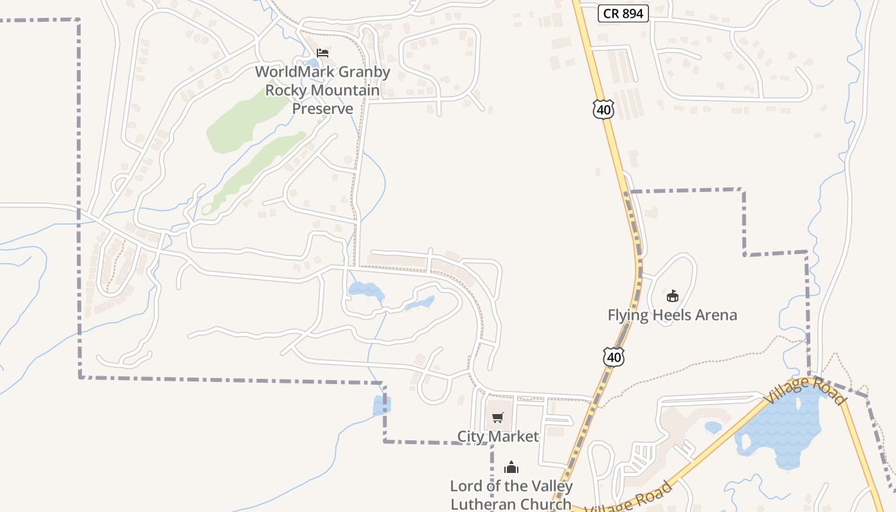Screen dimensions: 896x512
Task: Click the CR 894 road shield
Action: pyautogui.click(x=623, y=13)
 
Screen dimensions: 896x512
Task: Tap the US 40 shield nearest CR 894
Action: pyautogui.click(x=603, y=109)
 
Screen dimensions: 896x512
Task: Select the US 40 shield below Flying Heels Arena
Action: pyautogui.click(x=614, y=356)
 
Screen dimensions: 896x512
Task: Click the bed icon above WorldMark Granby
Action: pyautogui.click(x=323, y=52)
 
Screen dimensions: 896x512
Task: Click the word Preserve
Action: pyautogui.click(x=323, y=109)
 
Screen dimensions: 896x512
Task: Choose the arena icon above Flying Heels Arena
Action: pyautogui.click(x=672, y=296)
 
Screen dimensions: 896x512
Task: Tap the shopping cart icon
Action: pyautogui.click(x=498, y=417)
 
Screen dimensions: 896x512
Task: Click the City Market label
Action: pyautogui.click(x=498, y=436)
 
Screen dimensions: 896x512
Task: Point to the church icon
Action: pyautogui.click(x=511, y=468)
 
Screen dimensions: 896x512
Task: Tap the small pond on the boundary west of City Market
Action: pyautogui.click(x=381, y=405)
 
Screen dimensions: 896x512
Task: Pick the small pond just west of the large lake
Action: pyautogui.click(x=713, y=426)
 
